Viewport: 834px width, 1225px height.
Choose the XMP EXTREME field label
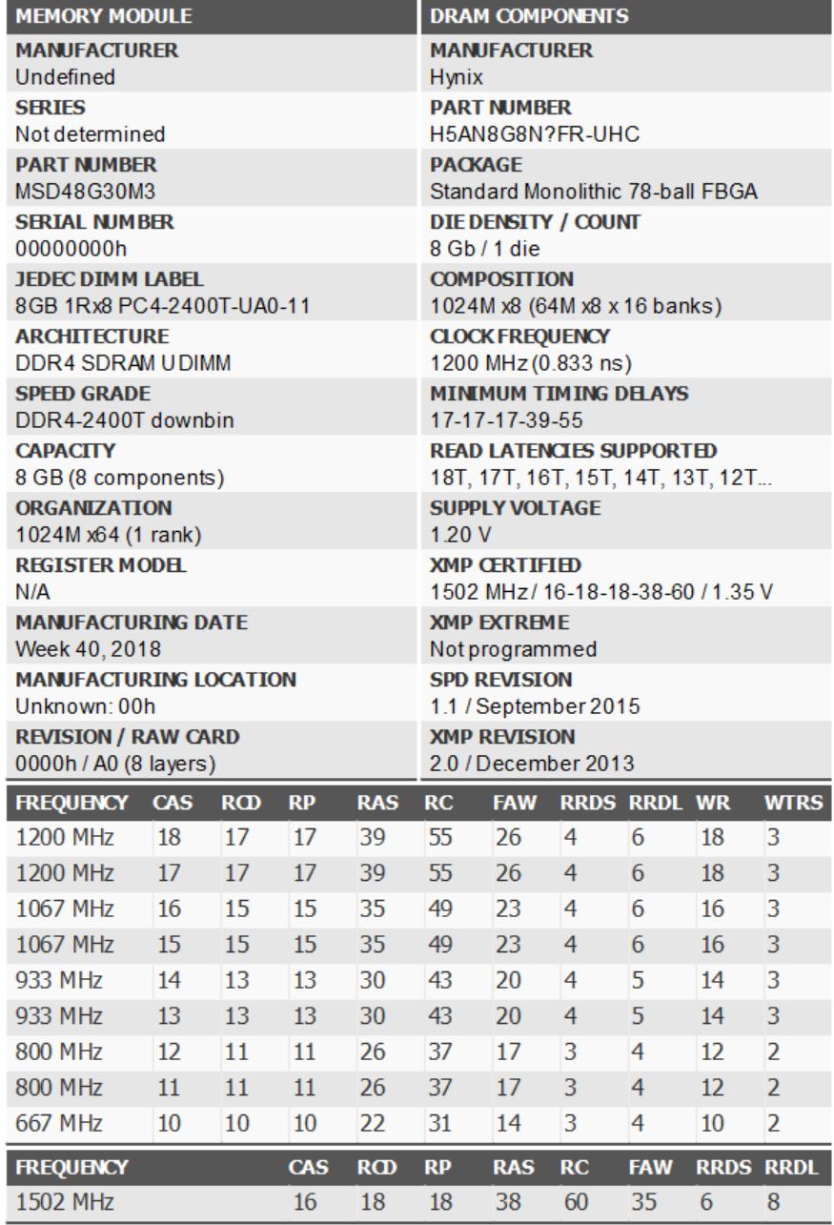(499, 623)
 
